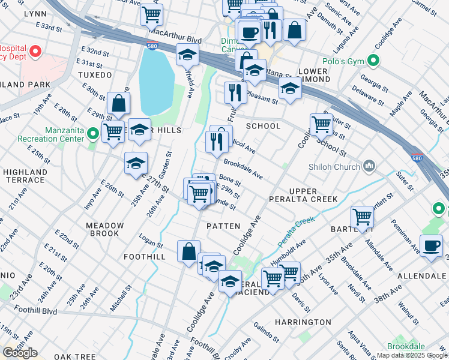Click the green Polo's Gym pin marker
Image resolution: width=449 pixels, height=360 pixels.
point(374,61)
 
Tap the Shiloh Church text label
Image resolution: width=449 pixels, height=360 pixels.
point(334,166)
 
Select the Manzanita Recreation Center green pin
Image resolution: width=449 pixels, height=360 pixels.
point(92,133)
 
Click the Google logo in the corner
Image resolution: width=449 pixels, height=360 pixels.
point(20,353)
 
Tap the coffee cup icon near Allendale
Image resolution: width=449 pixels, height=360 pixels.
point(430,245)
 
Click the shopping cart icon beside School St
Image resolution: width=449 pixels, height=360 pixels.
point(322,124)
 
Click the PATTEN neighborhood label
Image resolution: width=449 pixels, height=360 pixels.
point(223,226)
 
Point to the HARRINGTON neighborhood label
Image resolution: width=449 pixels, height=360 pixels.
point(303,322)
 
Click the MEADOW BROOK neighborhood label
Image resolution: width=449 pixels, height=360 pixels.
point(104,229)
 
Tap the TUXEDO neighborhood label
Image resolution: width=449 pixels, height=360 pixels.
point(95,75)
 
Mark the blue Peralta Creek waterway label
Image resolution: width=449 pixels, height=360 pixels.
point(296,231)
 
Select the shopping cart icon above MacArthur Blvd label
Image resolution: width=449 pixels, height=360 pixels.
point(152,14)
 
